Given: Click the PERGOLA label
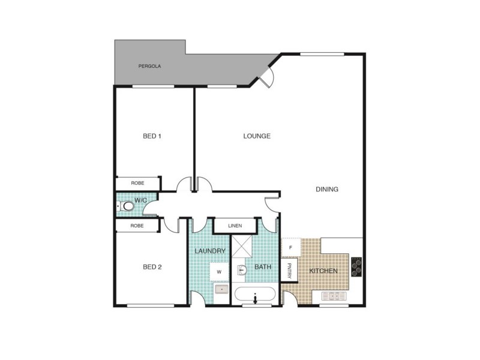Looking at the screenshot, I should pos(150,66).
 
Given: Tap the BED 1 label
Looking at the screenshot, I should pos(152,136).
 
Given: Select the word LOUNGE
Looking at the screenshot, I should pos(257,136).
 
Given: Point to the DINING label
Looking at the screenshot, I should pos(327,190).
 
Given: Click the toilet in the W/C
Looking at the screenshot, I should pos(126,207).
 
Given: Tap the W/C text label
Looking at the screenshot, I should pos(141,200).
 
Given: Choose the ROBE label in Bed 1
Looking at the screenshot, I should pos(137,183).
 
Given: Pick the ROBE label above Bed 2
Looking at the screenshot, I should pos(137,226).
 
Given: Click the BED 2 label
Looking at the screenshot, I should pos(152,267).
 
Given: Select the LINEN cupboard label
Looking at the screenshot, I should pos(235,226).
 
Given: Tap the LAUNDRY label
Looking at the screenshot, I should pos(210,251).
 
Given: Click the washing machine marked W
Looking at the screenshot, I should pos(219,272).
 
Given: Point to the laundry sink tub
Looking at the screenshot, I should pos(221,290).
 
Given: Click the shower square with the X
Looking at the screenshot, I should pos(244,247).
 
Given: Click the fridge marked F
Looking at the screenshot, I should pos(290,247).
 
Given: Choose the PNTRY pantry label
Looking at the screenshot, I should pos(289,270).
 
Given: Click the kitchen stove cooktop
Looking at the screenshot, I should pos(356,266).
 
